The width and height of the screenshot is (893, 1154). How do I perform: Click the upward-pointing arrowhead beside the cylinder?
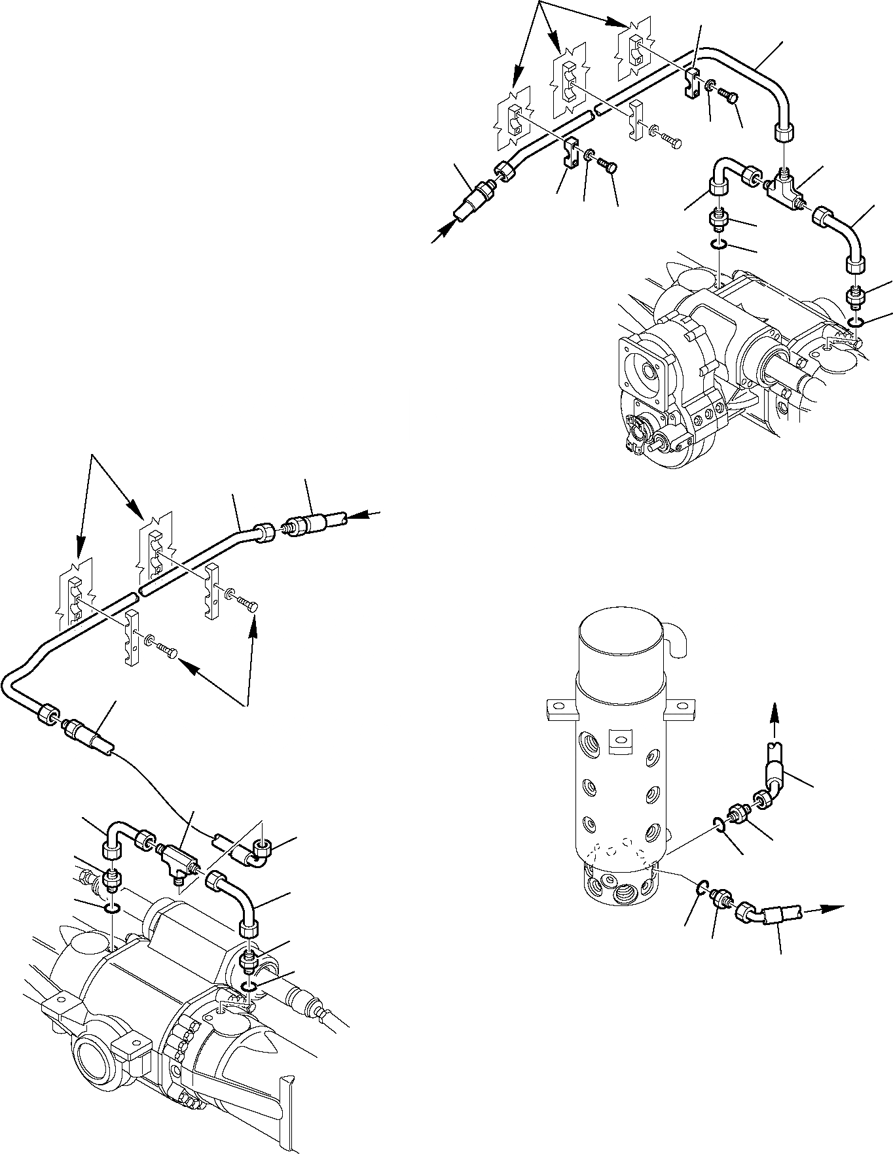[x=774, y=711]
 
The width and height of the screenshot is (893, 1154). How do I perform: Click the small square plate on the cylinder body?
[x=619, y=739]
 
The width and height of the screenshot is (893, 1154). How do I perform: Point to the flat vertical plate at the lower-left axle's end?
[x=285, y=1116]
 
